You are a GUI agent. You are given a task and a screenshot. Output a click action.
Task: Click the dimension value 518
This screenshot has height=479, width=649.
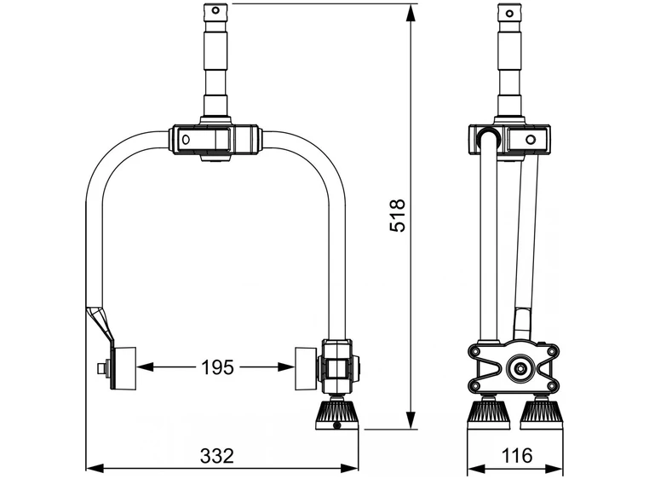(398, 216)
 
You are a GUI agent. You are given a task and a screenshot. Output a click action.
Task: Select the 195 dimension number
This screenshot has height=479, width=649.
(216, 367)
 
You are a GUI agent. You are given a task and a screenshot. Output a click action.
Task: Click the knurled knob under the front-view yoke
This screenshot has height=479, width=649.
(339, 413)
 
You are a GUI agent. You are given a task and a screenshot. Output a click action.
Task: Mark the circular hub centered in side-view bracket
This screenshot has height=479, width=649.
(516, 369)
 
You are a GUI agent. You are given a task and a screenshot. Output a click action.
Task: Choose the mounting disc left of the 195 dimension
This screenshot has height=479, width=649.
(124, 368)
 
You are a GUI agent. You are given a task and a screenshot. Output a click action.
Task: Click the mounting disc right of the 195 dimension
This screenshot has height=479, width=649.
(306, 368)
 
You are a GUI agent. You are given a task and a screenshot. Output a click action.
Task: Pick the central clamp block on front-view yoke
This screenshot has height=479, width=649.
(215, 139)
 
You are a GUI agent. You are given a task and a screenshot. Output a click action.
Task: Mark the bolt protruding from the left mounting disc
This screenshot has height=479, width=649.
(102, 368)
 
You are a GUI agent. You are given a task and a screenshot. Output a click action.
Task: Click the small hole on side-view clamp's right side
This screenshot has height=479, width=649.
(531, 139)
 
